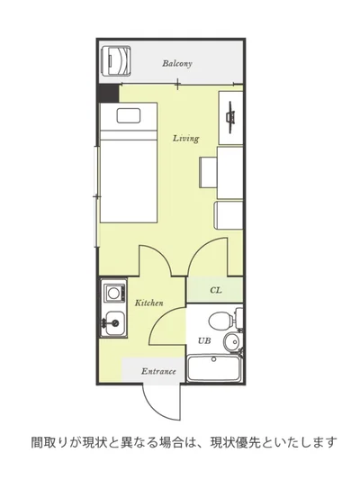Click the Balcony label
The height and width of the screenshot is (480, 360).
pyautogui.click(x=177, y=64)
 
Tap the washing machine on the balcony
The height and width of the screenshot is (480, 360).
pyautogui.click(x=116, y=60)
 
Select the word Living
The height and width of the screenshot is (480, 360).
pyautogui.click(x=186, y=139)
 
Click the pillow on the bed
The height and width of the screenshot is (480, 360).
pyautogui.click(x=129, y=115)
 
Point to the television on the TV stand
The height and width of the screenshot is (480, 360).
pyautogui.click(x=231, y=118)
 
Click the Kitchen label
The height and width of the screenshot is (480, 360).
pyautogui.click(x=149, y=303)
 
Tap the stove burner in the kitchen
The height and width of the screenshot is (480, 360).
pyautogui.click(x=113, y=293)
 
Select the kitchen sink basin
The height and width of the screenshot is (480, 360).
pyautogui.click(x=115, y=322)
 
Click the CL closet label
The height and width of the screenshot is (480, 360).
pyautogui.click(x=216, y=290)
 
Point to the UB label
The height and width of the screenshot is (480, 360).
pyautogui.click(x=204, y=340)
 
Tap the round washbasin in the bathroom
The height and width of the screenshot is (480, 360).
pyautogui.click(x=231, y=342)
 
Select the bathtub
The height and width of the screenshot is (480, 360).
pyautogui.click(x=214, y=368)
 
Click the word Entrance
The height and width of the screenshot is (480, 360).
pyautogui.click(x=158, y=371)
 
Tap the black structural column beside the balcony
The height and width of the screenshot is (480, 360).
pyautogui.click(x=108, y=94)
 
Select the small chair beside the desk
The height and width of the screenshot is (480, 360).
pyautogui.click(x=208, y=172)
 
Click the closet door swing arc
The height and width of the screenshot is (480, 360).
pyautogui.click(x=199, y=248)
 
